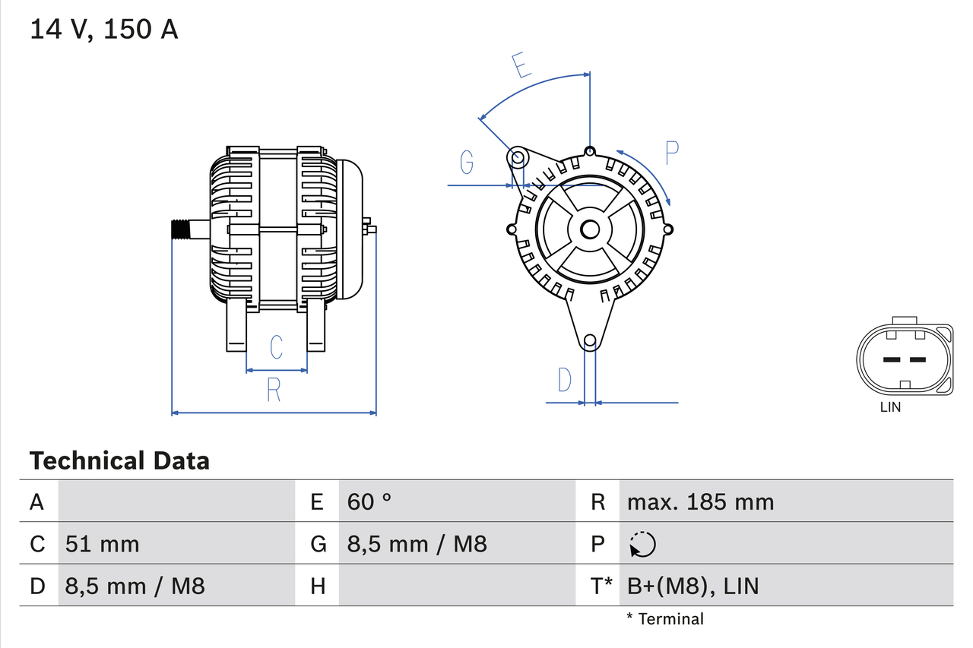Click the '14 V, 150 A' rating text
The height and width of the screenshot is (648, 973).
104,30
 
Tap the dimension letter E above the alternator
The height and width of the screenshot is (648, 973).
521,65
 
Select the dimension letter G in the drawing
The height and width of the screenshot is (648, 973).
467,162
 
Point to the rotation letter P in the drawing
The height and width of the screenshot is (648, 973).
671,153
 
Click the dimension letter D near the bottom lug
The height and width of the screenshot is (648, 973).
564,379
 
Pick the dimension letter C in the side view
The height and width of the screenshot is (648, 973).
277,347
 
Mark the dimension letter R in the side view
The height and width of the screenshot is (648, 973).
274,390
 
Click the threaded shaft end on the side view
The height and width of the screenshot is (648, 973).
180,229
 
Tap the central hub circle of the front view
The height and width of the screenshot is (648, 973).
590,229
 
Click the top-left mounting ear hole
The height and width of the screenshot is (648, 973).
517,158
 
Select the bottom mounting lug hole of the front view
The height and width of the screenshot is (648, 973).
589,341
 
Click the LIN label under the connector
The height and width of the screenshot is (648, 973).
890,407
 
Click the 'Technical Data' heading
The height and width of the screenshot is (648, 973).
119,461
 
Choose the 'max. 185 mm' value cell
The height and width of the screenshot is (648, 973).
700,501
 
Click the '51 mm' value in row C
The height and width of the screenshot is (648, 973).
103,544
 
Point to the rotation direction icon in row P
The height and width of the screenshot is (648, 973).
642,544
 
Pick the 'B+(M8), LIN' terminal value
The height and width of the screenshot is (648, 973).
693,586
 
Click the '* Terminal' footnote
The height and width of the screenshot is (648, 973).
665,619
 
